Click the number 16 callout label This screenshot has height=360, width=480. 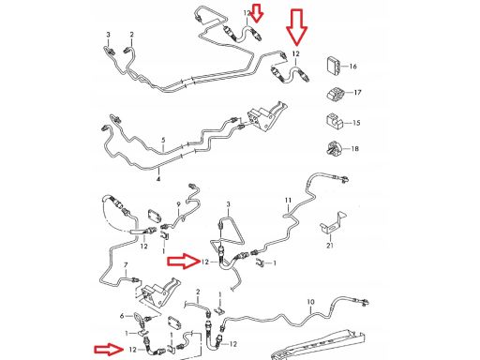click(352, 67)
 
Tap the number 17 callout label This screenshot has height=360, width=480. click(357, 93)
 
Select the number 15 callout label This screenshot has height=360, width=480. click(356, 123)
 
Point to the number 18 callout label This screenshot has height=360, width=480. click(354, 148)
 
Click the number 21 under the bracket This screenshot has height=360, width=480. click(330, 246)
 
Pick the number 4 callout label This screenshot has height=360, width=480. click(158, 179)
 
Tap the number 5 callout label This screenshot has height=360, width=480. click(163, 141)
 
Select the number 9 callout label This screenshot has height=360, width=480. click(178, 204)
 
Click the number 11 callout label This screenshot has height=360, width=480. click(288, 200)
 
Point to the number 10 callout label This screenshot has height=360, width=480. click(310, 302)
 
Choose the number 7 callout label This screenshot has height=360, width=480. click(126, 265)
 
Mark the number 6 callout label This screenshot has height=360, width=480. click(122, 316)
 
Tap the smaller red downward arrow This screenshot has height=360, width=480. click(257, 13)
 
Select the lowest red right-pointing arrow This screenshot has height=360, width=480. click(108, 349)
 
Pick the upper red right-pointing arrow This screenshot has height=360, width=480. click(184, 261)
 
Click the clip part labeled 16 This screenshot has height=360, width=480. click(334, 66)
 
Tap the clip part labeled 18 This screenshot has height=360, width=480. click(334, 148)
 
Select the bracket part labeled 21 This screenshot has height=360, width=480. click(333, 222)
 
